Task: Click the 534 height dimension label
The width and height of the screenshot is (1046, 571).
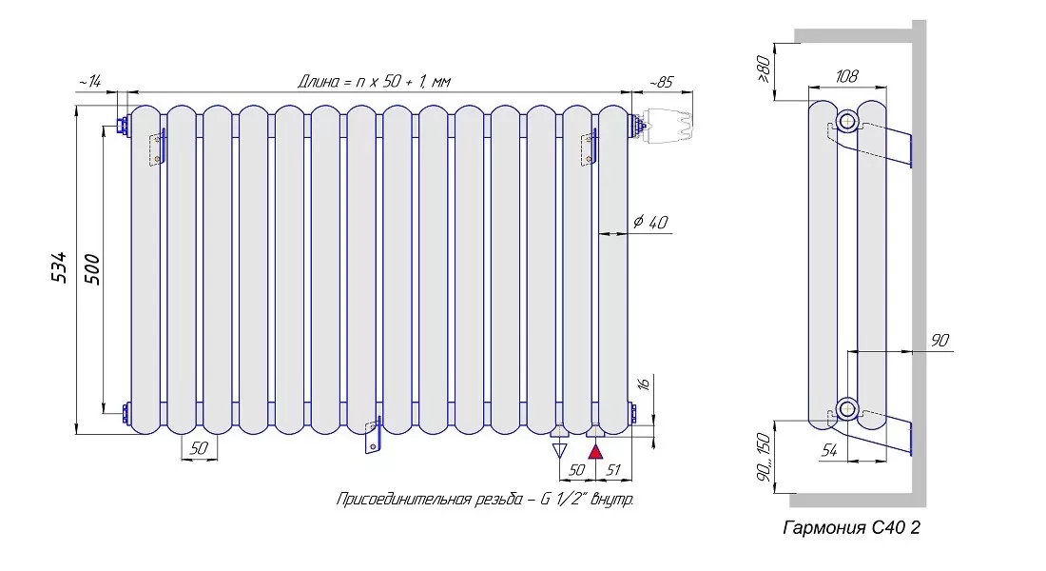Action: point(60,267)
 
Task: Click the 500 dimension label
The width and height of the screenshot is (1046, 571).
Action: point(92,269)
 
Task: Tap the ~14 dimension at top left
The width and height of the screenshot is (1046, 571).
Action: point(90,82)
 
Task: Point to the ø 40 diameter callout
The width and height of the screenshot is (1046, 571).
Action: point(650,222)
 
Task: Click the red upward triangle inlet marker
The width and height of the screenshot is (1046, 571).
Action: point(595,451)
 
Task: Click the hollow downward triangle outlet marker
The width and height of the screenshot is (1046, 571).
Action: point(560,450)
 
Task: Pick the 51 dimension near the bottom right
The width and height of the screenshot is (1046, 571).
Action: point(612,469)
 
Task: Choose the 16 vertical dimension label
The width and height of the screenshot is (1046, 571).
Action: point(643,384)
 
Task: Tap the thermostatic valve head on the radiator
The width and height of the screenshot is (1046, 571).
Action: point(668,125)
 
